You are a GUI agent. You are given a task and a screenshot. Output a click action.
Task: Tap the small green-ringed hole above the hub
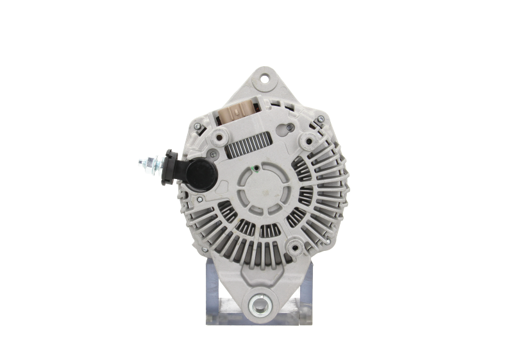pos(255,169)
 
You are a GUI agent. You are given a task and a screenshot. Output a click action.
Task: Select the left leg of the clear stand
pos(215,292)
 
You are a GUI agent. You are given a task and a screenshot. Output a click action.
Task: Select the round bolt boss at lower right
pos(299,246)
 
